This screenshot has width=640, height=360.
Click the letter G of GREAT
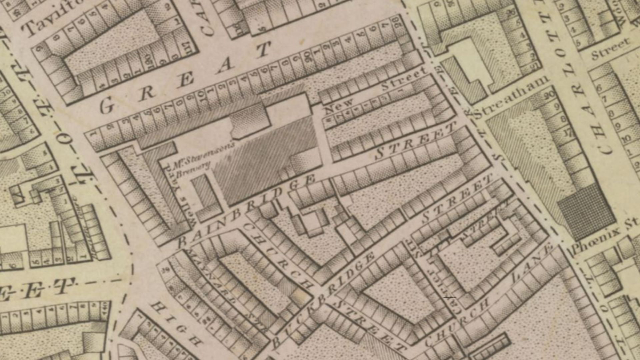pos(107,106)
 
